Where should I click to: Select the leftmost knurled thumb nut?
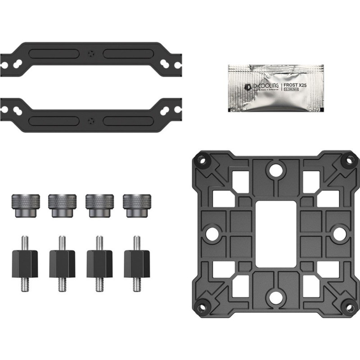point(23,205)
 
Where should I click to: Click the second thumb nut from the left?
point(61,205)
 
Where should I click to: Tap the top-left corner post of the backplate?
point(202,160)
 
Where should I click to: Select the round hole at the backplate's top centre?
point(274,171)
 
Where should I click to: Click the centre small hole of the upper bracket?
point(92,54)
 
